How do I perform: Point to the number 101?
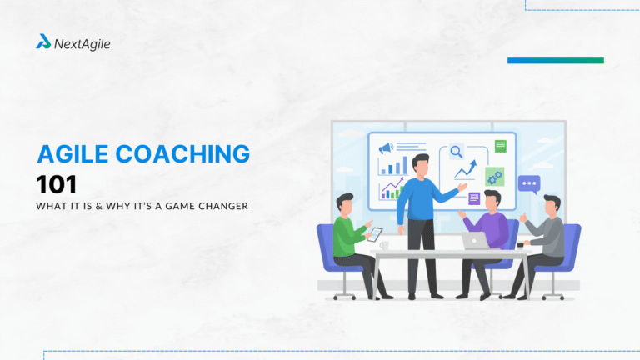[57, 184]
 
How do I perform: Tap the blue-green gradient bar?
[555, 60]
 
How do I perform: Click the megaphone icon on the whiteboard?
[385, 148]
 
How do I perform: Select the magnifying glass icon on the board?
[456, 152]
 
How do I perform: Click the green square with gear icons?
[494, 177]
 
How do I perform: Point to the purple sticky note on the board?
[474, 197]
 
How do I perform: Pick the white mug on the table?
[384, 245]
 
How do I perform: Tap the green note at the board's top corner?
[500, 146]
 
